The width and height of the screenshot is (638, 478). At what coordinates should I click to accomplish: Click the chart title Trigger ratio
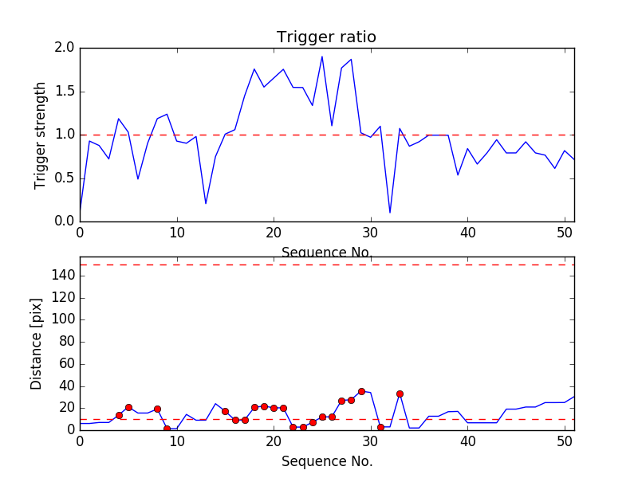[x=326, y=37]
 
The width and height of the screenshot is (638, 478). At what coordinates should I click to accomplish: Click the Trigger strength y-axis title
[x=41, y=135]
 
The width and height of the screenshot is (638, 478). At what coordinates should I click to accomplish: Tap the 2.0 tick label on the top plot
[x=65, y=48]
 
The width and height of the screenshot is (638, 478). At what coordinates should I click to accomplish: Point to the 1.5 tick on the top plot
[x=65, y=92]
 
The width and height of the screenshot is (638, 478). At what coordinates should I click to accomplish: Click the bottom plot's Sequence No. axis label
[x=327, y=461]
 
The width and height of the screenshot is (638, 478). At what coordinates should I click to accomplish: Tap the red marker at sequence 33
[x=400, y=394]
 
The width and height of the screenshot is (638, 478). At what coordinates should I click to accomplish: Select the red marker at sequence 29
[x=361, y=391]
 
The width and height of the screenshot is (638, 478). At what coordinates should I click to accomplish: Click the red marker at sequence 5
[x=128, y=407]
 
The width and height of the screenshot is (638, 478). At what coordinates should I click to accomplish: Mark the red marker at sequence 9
[x=167, y=429]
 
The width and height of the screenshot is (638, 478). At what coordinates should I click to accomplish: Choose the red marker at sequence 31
[x=380, y=427]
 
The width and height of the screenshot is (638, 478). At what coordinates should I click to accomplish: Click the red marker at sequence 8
[x=157, y=409]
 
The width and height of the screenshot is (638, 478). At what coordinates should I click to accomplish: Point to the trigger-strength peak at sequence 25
[x=322, y=57]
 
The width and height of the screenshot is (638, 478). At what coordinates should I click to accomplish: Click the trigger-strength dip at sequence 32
[x=390, y=213]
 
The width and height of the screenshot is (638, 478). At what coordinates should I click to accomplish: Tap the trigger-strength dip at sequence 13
[x=206, y=204]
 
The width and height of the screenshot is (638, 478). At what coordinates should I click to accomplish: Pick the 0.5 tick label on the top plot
[x=65, y=178]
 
